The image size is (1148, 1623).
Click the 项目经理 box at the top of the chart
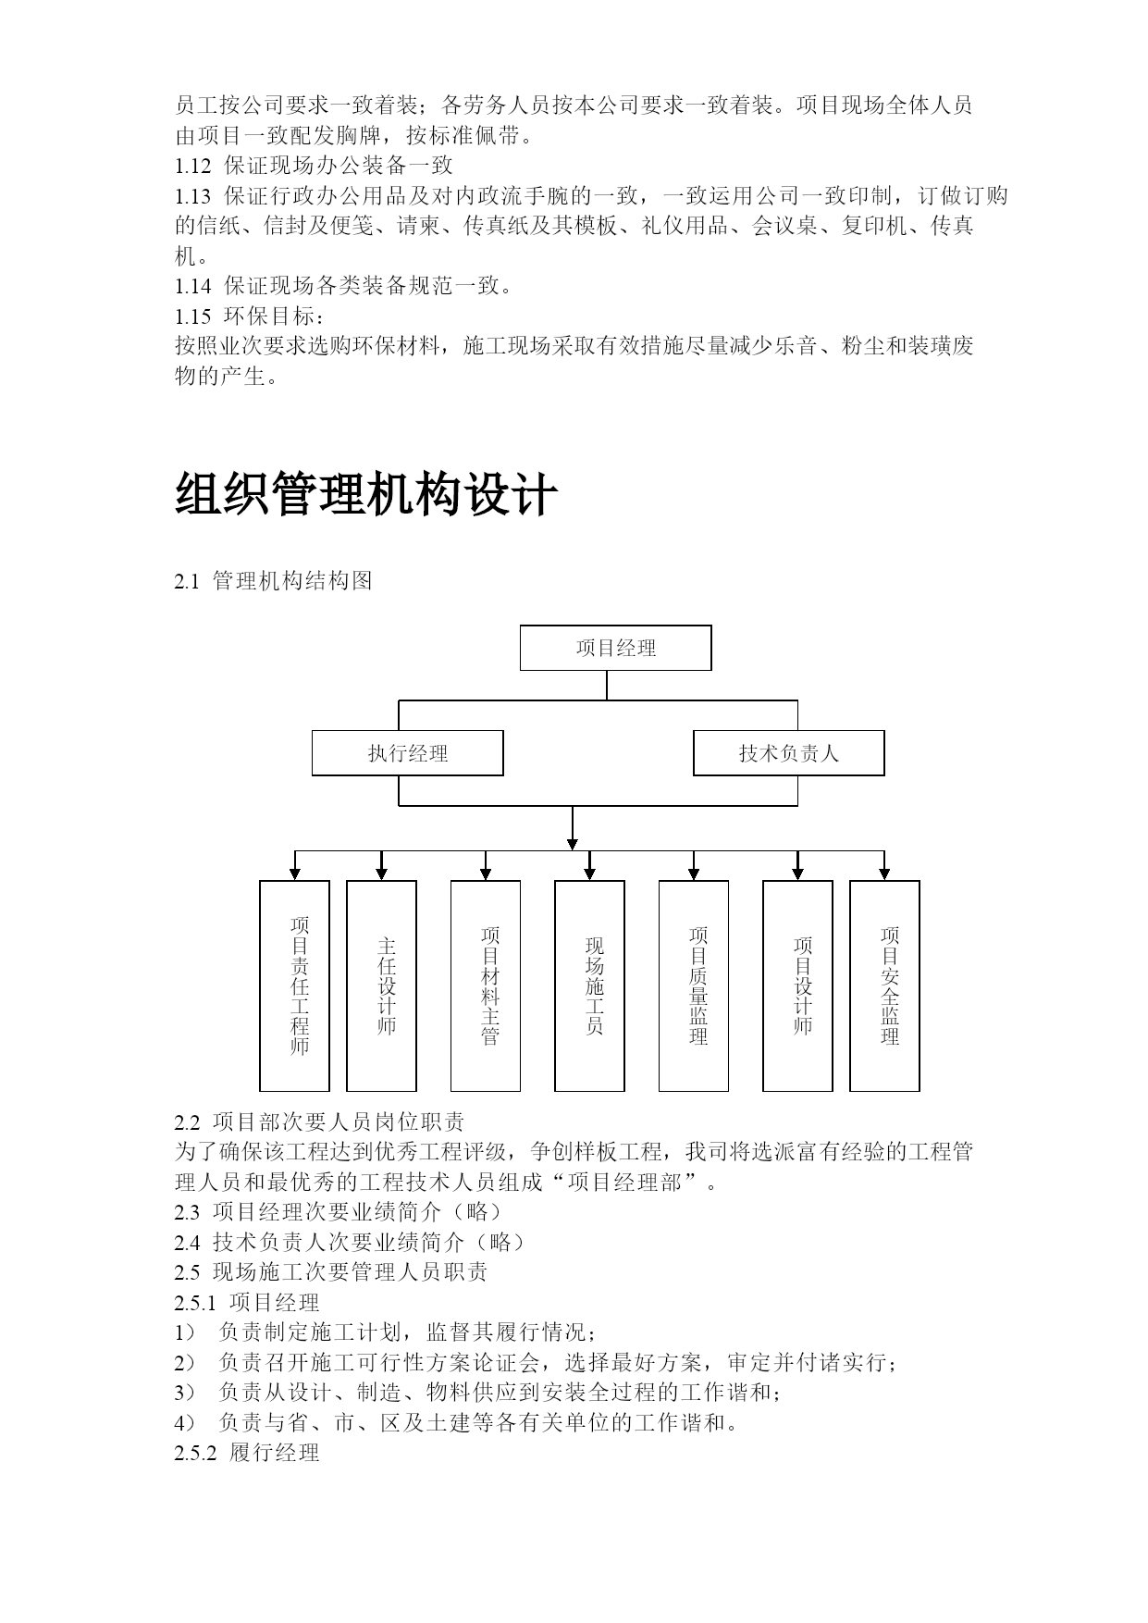615,648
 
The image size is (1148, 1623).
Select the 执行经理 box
407,753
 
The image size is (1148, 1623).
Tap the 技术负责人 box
789,753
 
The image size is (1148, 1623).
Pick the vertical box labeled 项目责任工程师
294,985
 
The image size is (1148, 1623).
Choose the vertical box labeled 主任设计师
381,985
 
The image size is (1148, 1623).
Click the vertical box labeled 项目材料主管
486,985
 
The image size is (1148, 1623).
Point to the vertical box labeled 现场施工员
589,985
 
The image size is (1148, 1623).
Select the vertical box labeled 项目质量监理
694,985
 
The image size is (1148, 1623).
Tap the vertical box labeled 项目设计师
797,985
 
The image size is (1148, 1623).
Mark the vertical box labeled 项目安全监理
884,985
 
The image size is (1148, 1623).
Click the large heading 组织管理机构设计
366,494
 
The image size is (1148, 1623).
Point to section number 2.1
187,582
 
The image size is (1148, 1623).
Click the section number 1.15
193,316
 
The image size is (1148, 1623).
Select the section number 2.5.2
195,1454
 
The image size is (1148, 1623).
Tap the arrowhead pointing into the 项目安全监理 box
884,873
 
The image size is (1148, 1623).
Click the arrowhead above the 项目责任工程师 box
295,873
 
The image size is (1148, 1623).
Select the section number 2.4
187,1243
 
